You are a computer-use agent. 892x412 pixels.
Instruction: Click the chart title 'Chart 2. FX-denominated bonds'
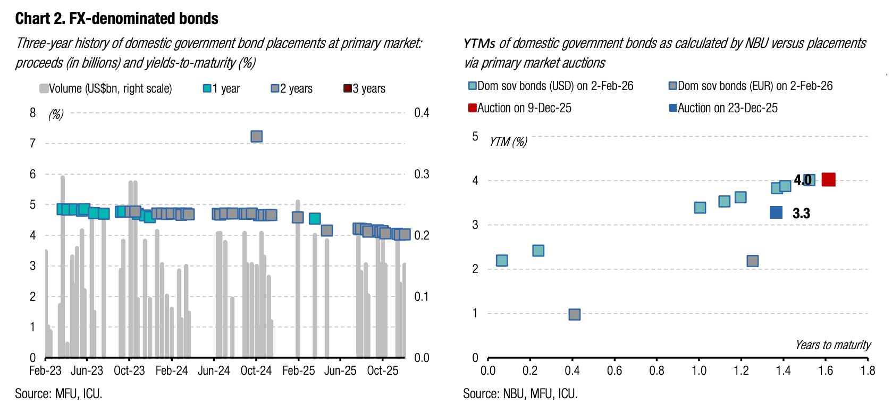[x=116, y=19]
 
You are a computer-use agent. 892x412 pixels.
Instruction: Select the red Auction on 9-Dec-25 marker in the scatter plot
[x=828, y=179]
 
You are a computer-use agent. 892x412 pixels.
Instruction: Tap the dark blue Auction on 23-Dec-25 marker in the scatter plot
[x=776, y=212]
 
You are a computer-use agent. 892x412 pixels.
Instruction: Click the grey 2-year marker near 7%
[x=256, y=136]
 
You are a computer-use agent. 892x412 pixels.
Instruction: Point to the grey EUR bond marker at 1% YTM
[x=574, y=314]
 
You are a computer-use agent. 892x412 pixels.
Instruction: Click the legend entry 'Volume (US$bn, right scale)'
[x=106, y=88]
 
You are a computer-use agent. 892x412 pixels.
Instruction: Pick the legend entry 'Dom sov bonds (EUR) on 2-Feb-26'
[x=751, y=86]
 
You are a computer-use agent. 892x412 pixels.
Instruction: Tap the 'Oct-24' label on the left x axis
[x=256, y=370]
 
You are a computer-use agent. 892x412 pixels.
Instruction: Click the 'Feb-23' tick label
[x=45, y=370]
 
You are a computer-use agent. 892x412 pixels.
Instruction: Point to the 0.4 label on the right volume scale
[x=422, y=113]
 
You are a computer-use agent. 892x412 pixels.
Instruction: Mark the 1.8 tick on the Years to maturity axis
[x=868, y=370]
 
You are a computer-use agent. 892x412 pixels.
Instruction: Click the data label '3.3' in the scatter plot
[x=801, y=213]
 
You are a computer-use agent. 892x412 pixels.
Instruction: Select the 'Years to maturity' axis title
[x=832, y=345]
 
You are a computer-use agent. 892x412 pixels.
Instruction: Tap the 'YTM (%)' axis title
[x=508, y=142]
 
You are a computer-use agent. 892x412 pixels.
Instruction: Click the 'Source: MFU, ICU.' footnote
[x=58, y=394]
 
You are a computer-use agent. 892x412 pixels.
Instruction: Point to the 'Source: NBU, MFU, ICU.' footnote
[x=520, y=394]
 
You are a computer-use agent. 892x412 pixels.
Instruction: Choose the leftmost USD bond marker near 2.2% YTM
[x=501, y=260]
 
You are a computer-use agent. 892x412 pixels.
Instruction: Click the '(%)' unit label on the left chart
[x=56, y=114]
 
